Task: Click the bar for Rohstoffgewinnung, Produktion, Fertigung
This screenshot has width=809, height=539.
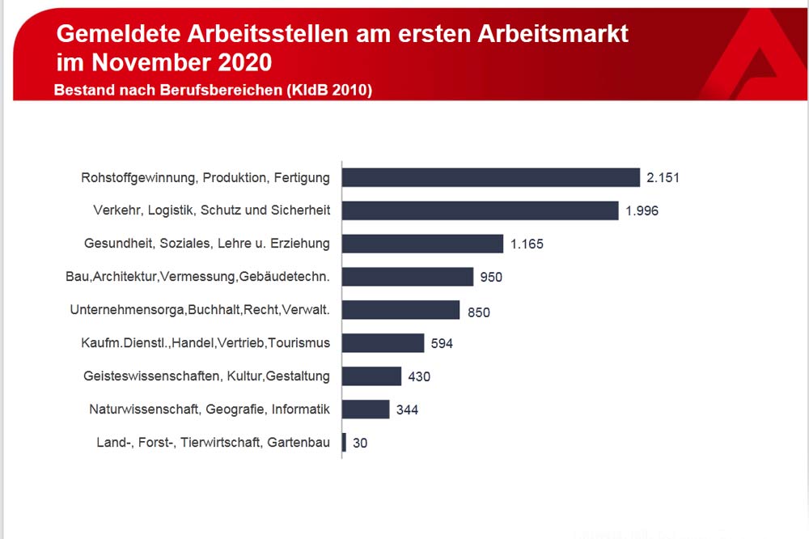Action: [491, 177]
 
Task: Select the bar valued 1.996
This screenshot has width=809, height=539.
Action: [481, 210]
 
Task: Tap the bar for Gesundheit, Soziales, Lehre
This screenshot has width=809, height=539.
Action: [422, 244]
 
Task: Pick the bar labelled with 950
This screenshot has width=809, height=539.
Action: [408, 277]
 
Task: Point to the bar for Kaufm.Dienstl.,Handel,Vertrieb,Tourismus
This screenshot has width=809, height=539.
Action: [383, 343]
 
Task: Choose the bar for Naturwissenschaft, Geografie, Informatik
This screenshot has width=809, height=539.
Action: [366, 410]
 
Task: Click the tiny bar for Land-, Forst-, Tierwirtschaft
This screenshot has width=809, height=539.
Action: [345, 443]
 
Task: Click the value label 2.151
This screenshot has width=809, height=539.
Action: [663, 177]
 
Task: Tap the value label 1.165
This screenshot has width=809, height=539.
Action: [527, 244]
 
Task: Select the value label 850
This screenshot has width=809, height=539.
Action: [478, 311]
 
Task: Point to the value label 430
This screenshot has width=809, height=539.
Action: [419, 376]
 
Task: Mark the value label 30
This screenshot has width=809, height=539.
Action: [360, 443]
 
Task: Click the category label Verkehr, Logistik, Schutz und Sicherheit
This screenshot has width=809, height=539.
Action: [212, 210]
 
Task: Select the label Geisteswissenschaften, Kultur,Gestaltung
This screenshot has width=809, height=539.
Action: [207, 376]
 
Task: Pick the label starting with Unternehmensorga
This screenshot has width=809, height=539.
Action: [201, 310]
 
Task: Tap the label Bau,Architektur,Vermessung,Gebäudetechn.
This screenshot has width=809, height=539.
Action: [198, 277]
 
